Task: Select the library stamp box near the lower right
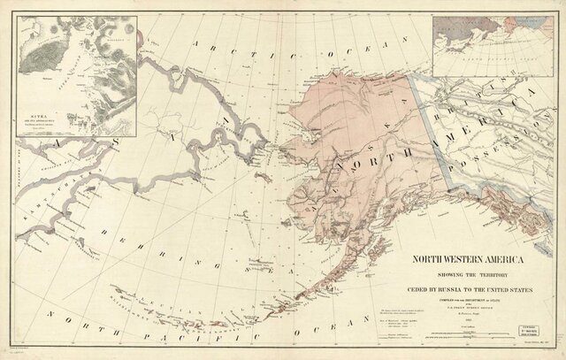point(534,317)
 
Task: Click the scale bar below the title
point(469,334)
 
